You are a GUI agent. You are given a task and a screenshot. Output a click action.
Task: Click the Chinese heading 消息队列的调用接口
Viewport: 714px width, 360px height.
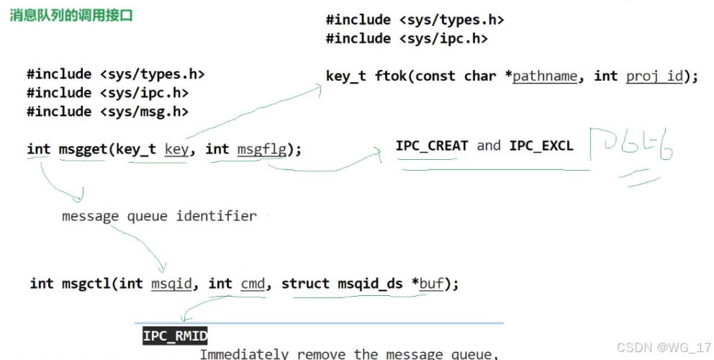[71, 15]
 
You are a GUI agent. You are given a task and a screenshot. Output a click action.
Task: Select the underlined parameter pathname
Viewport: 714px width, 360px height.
[545, 76]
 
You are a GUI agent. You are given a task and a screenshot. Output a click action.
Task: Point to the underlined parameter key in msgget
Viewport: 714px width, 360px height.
[176, 149]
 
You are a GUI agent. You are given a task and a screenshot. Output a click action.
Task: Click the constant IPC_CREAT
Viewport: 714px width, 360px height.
[432, 145]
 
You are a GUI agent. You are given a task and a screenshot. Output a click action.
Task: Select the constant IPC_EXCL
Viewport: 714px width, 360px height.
[541, 145]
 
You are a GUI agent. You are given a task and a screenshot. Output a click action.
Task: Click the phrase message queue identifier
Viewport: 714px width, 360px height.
[158, 215]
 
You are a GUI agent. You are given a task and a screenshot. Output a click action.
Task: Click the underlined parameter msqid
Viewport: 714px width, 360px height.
[172, 283]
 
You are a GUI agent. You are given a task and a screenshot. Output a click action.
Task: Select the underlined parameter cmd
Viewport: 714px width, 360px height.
[253, 283]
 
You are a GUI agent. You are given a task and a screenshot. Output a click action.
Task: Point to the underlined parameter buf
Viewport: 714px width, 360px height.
[432, 283]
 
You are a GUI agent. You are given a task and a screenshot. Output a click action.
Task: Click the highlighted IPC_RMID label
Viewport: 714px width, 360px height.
[175, 336]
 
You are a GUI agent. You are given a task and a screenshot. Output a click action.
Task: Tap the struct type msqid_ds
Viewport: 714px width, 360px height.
[370, 283]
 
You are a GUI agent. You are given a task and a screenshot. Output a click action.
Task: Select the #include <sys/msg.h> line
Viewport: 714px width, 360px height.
[108, 112]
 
